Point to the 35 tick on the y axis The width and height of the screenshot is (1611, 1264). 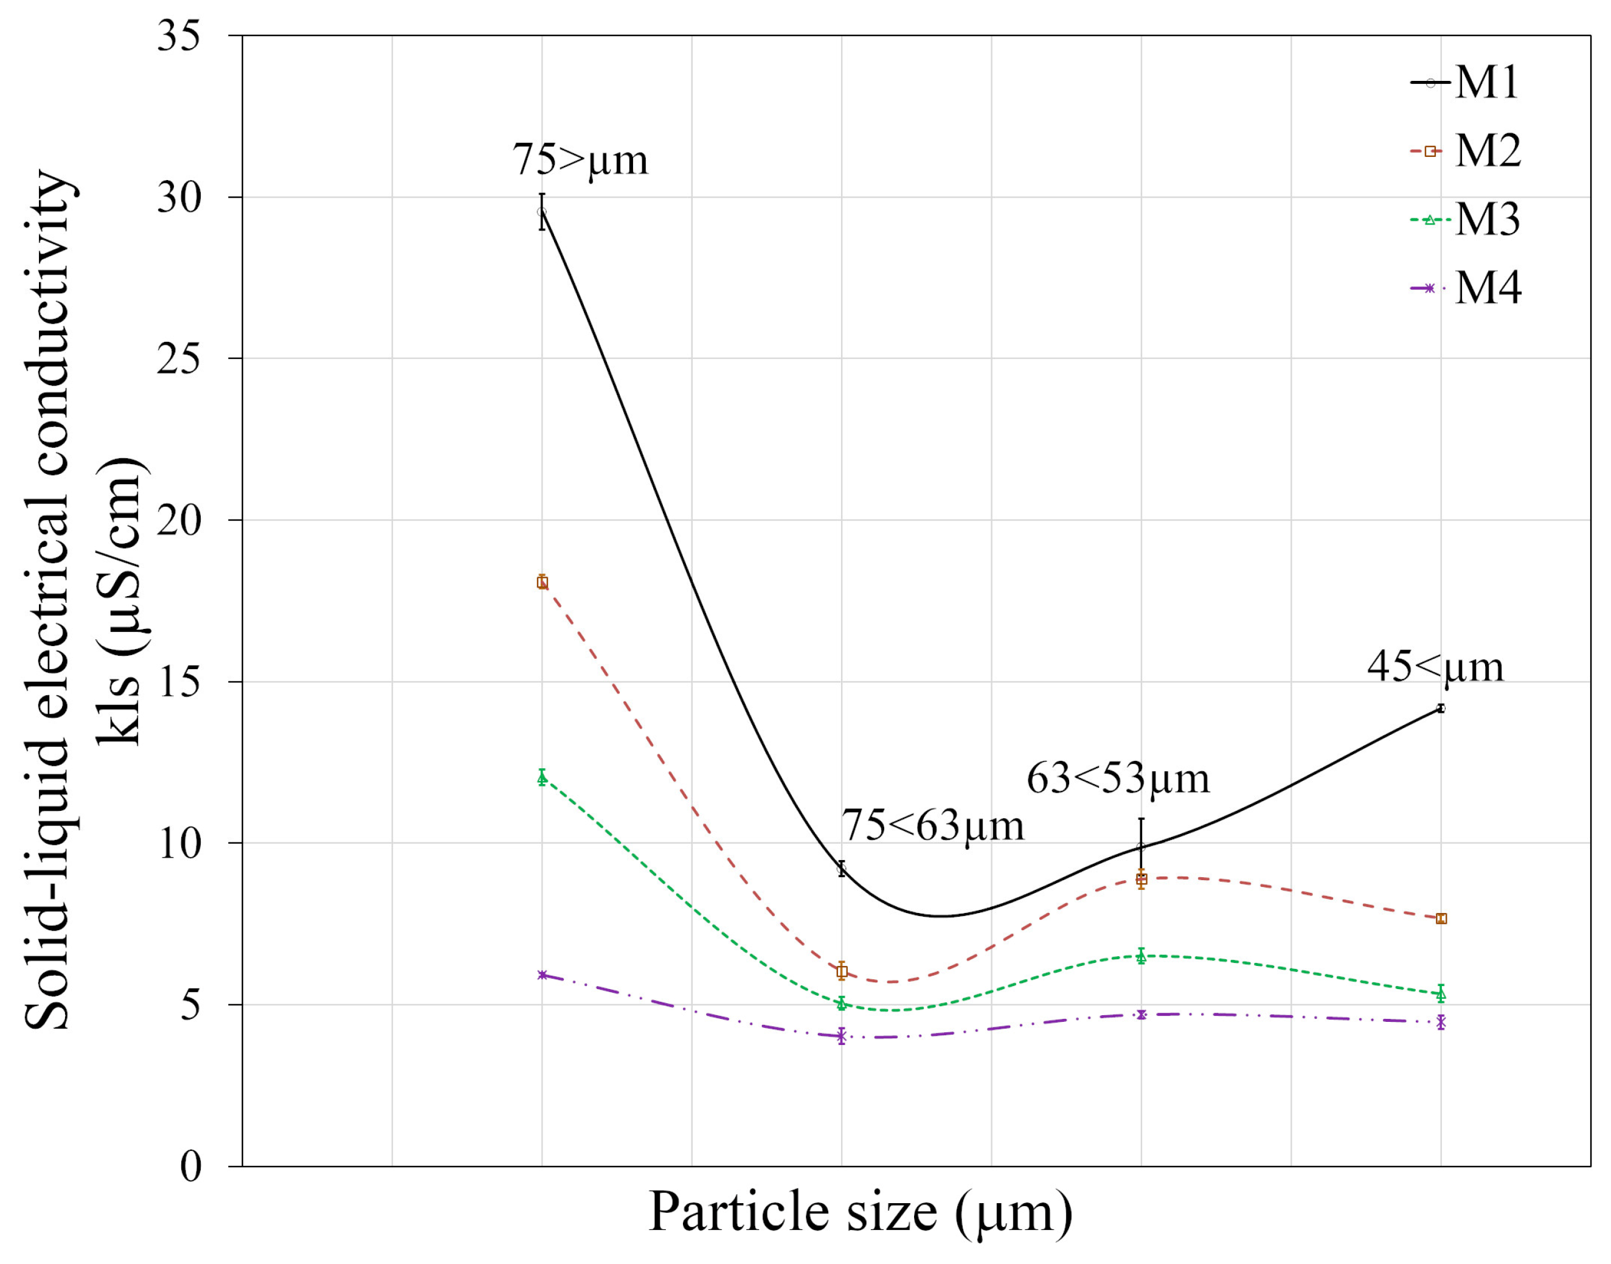(179, 35)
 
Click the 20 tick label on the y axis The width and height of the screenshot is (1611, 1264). (179, 520)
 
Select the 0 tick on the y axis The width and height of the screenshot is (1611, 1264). (191, 1167)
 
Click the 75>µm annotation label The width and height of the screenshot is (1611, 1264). (580, 159)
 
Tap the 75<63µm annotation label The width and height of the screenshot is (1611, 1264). (932, 825)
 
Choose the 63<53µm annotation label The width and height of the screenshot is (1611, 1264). (1117, 779)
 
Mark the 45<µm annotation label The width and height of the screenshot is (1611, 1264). (1435, 667)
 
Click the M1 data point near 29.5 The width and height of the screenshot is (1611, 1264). (542, 212)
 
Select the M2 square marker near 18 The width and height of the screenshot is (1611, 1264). (542, 582)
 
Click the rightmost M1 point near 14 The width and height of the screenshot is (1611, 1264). (1440, 709)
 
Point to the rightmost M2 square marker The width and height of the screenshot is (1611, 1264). (1440, 918)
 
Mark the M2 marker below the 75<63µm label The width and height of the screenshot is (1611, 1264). (842, 971)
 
